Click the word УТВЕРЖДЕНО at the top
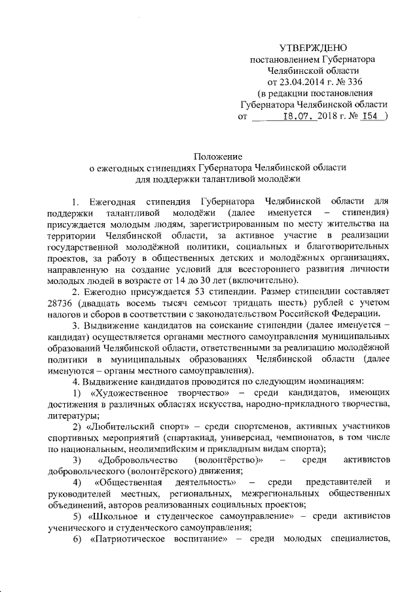(x=314, y=48)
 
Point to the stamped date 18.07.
(x=299, y=116)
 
